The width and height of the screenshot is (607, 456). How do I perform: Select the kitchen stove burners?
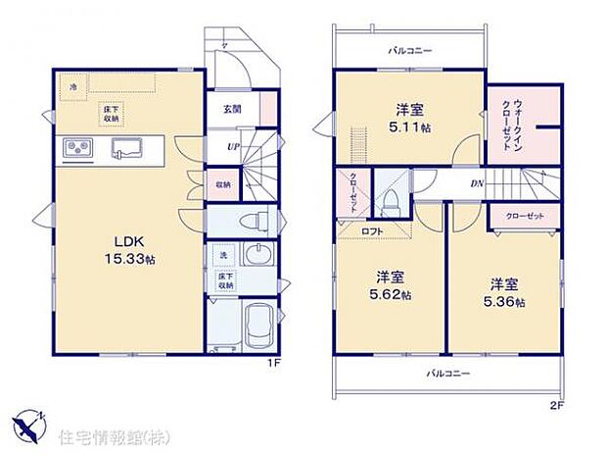tap(77, 149)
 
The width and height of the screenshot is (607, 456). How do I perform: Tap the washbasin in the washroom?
tap(258, 258)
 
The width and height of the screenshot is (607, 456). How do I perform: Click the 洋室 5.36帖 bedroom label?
tap(506, 291)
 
